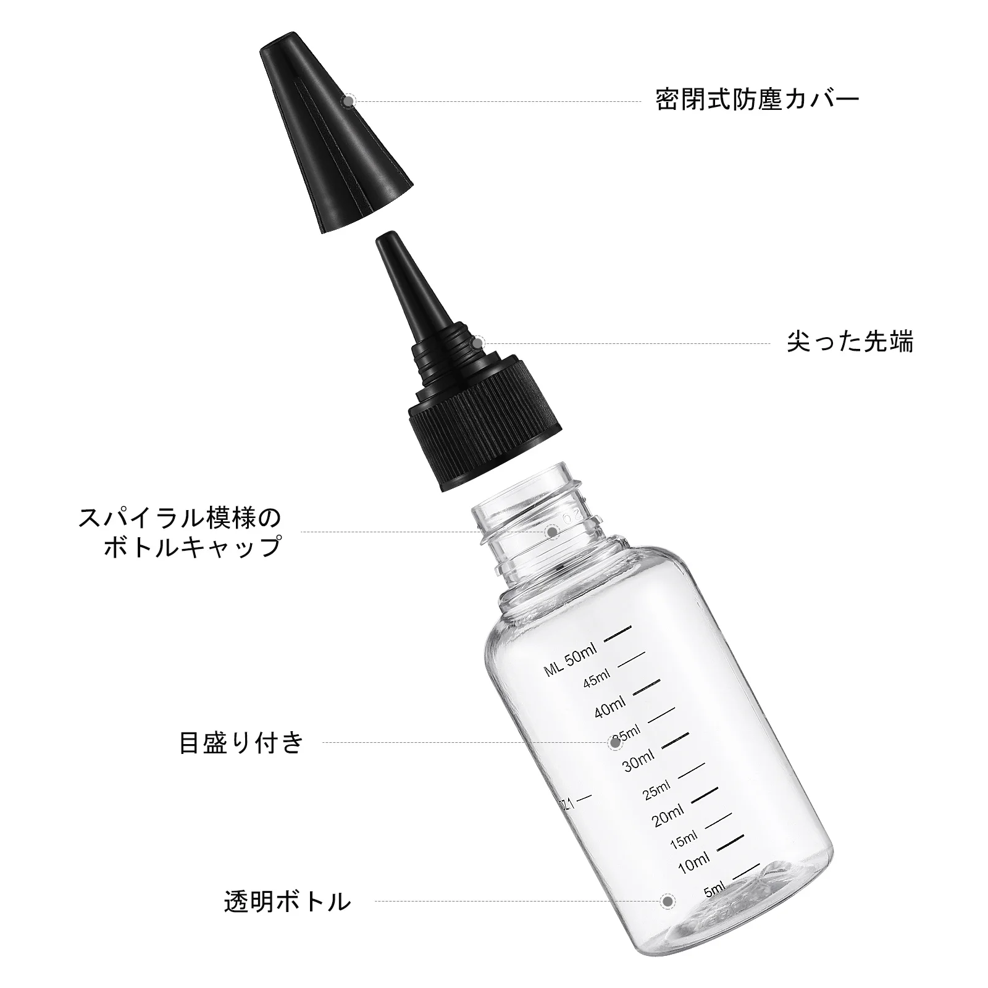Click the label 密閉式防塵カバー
coord(757,99)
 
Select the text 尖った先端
coord(850,342)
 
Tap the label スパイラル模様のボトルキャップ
coord(180,532)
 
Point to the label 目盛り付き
coord(241,742)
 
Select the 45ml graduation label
coord(597,679)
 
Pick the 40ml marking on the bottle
coord(610,708)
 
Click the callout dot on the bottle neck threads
coord(553,530)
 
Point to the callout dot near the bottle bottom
coord(666,901)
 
